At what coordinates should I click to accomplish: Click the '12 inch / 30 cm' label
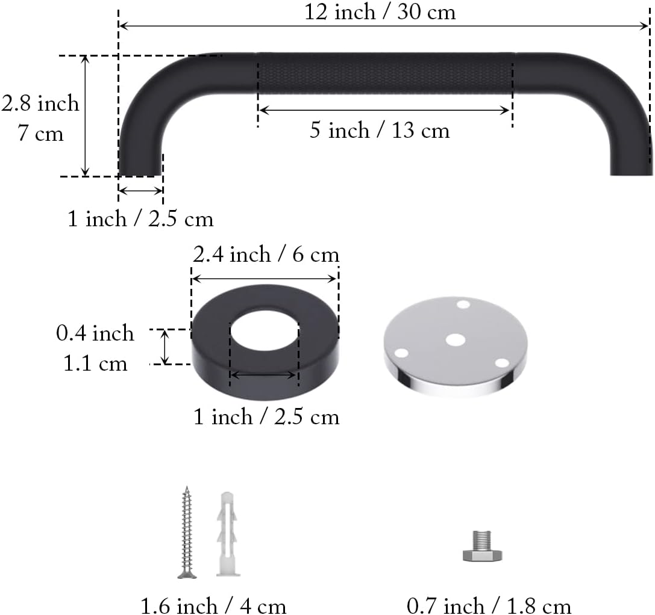[380, 11]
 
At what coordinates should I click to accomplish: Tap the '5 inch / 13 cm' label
[380, 131]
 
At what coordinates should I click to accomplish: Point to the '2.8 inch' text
[40, 104]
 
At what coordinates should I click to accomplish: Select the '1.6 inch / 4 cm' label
[213, 605]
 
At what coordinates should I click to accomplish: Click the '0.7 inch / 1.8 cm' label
[489, 605]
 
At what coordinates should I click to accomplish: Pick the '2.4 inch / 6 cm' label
[266, 255]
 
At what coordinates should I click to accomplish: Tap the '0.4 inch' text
[95, 333]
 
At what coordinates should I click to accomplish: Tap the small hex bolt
[482, 546]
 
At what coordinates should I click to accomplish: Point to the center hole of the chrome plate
[455, 340]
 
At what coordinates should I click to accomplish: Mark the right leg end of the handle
[631, 162]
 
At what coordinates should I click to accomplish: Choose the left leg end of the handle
[140, 162]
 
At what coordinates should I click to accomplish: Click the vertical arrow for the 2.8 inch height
[85, 116]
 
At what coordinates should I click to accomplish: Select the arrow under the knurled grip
[384, 110]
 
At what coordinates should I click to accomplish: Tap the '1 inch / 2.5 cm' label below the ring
[266, 416]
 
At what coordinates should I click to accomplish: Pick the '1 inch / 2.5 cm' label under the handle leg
[140, 218]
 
